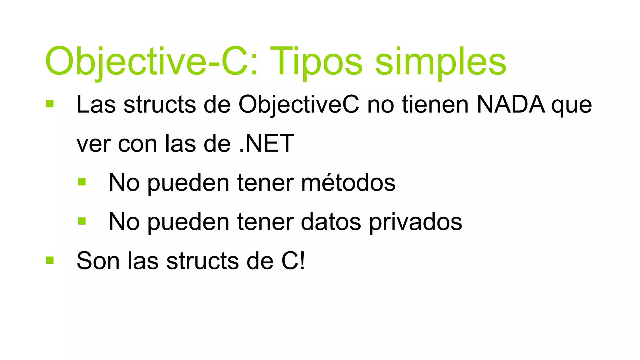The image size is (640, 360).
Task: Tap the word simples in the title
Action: coord(440,62)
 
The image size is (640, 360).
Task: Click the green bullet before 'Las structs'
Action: coord(50,104)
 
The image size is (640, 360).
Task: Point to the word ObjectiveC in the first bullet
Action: coord(299,105)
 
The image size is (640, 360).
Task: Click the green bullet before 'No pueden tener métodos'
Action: coord(82,182)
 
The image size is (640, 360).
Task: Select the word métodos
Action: coord(348,183)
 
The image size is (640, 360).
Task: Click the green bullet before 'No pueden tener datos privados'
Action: coord(82,221)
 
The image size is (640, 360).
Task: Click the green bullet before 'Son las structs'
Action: coord(50,260)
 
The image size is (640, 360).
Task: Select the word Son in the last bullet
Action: coord(98,261)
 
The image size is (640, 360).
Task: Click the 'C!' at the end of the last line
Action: coord(293,261)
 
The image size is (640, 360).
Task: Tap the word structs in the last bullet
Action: coord(202,261)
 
